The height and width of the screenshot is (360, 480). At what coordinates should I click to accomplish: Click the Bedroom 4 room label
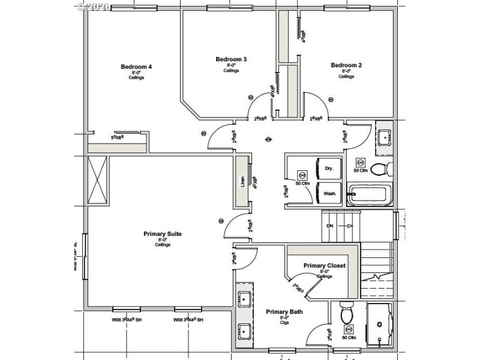point(136,67)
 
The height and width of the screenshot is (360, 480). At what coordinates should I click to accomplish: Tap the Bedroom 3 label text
point(231,59)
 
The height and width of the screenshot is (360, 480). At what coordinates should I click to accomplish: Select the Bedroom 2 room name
point(346,65)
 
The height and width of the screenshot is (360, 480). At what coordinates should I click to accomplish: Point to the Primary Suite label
point(163,234)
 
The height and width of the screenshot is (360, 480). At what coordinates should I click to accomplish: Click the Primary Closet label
point(324,266)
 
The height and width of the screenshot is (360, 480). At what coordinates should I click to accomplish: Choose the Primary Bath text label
point(284,312)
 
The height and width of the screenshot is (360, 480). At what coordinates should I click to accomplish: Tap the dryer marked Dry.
point(329,169)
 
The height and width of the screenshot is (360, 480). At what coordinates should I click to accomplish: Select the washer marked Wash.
point(329,194)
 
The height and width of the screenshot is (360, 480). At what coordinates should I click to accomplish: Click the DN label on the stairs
point(329,226)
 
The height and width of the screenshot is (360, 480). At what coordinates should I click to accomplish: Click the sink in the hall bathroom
point(384,137)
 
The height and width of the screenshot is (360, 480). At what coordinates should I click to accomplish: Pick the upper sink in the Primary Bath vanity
point(245,298)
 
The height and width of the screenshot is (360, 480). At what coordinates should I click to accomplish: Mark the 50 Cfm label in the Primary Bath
point(349,338)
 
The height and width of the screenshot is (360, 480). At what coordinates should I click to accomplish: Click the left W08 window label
point(125,320)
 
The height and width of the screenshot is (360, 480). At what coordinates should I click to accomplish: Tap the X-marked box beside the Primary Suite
point(98,179)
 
